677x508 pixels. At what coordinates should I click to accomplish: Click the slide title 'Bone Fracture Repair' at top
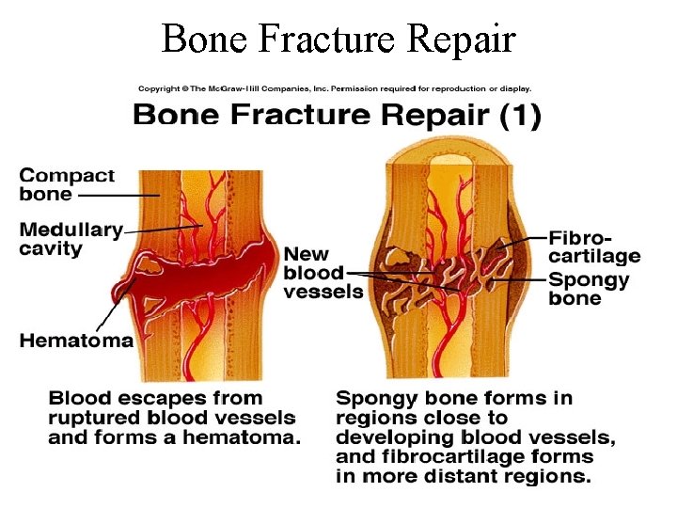click(x=338, y=39)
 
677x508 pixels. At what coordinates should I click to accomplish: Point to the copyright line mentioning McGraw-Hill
click(x=335, y=89)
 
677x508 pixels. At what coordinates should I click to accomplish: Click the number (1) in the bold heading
click(x=519, y=117)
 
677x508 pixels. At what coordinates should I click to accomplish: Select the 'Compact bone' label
click(x=67, y=184)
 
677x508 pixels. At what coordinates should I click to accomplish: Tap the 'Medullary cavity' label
click(x=71, y=239)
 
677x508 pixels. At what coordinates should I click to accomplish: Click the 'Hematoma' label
click(x=76, y=341)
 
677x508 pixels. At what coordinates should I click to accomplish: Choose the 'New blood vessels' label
click(x=323, y=272)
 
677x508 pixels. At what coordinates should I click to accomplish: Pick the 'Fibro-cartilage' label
click(x=593, y=246)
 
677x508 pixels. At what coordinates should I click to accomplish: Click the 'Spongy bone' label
click(x=588, y=289)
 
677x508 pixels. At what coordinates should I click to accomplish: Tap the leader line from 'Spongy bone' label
click(x=522, y=279)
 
